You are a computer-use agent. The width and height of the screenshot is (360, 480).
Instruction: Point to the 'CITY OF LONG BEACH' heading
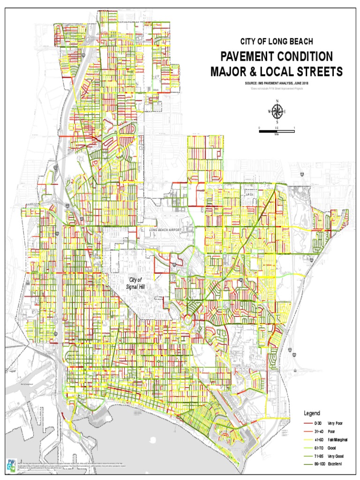277,42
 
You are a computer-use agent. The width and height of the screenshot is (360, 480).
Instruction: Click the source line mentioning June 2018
277,83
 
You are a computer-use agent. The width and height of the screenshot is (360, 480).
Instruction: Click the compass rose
277,112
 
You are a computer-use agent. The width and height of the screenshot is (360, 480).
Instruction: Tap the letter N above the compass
277,101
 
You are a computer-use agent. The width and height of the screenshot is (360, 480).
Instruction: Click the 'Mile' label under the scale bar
277,134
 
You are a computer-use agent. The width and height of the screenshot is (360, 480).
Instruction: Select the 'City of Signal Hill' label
136,283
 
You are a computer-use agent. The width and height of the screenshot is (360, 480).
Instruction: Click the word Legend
312,413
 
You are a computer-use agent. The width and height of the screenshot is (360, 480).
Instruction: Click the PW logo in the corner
11,464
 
